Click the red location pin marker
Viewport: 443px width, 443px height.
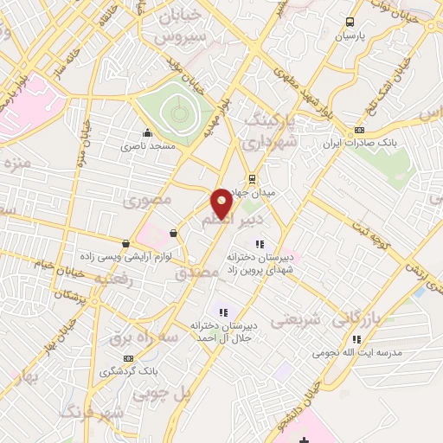(x=221, y=203)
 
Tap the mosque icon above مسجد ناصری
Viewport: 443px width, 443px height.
(x=148, y=133)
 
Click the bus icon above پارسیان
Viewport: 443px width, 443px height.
(x=350, y=22)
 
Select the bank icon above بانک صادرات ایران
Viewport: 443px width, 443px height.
(x=360, y=131)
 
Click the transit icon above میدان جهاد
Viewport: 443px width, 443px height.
(x=252, y=179)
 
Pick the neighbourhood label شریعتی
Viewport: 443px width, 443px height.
(x=294, y=320)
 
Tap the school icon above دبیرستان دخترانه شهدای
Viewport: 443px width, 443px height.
(x=260, y=243)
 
